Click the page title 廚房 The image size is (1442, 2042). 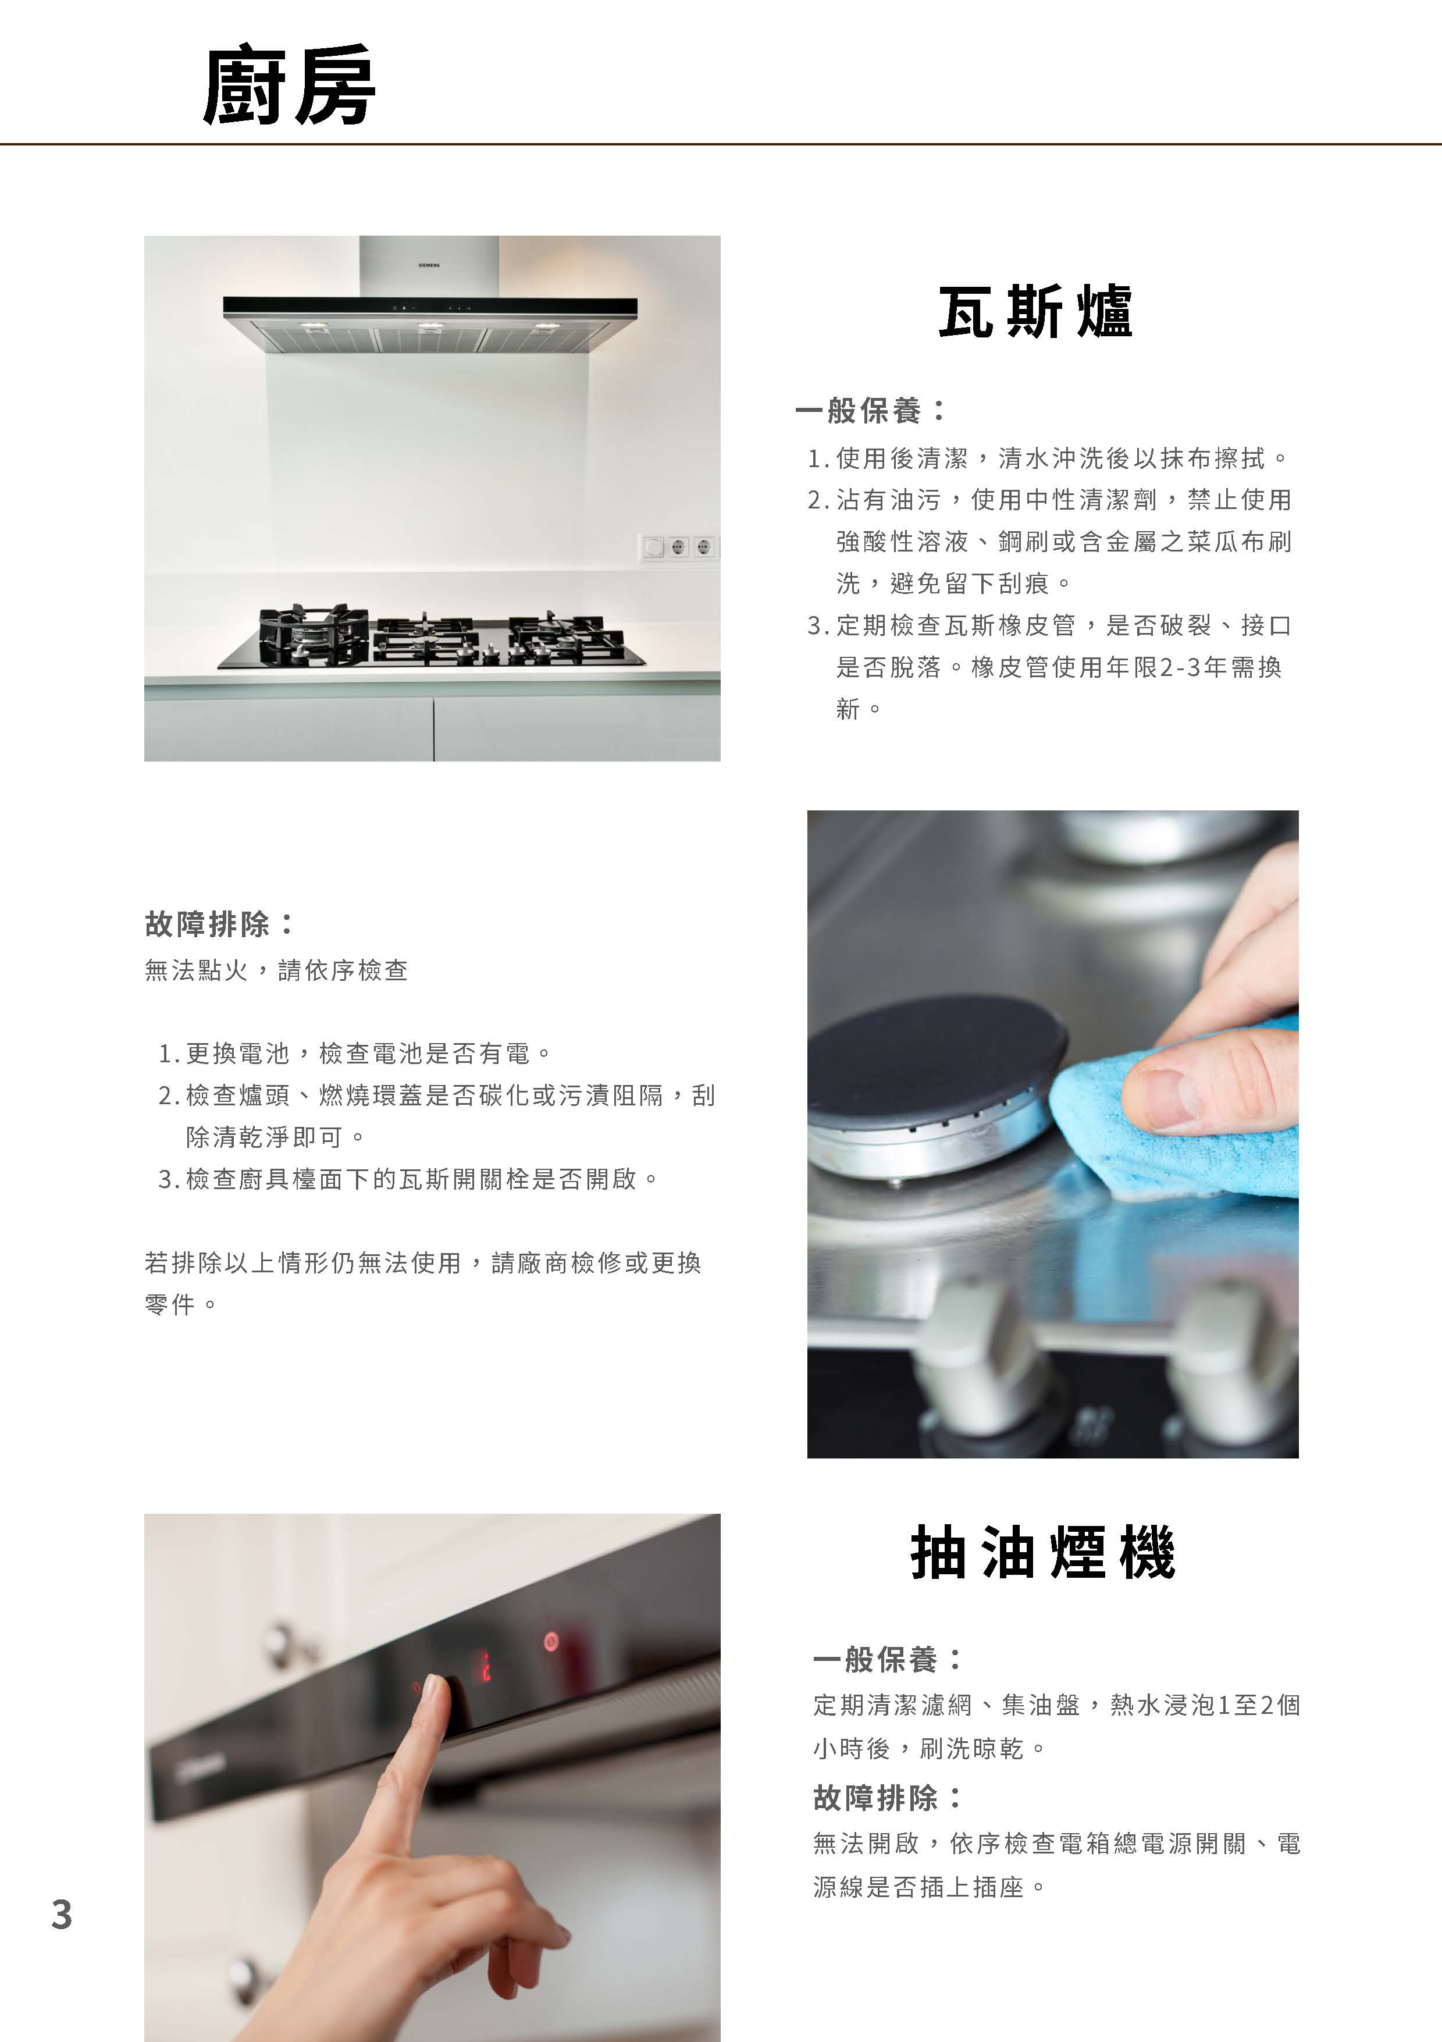pos(289,86)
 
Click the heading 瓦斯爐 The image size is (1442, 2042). pos(1036,311)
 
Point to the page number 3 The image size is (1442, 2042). pos(61,1914)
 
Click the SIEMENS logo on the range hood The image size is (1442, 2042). pos(429,265)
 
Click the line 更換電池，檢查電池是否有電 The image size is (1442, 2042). pos(355,1054)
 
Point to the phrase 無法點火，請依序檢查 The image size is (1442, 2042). pos(276,970)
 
